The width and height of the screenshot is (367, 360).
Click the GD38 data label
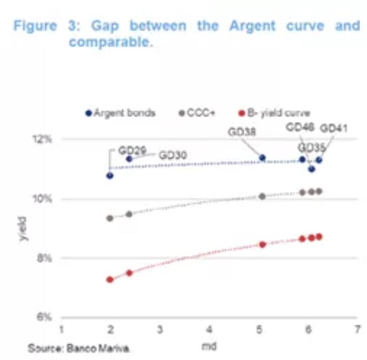[242, 132]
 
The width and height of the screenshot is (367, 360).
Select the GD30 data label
[172, 155]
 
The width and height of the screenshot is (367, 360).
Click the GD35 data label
[312, 148]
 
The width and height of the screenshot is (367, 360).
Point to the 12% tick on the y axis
[45, 139]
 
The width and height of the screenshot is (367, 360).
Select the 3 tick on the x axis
[160, 329]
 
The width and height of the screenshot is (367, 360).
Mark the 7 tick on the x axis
[356, 329]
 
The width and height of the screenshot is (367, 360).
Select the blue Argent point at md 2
[110, 175]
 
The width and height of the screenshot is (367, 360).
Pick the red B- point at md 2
[110, 279]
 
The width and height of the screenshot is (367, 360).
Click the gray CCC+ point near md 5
[262, 196]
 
